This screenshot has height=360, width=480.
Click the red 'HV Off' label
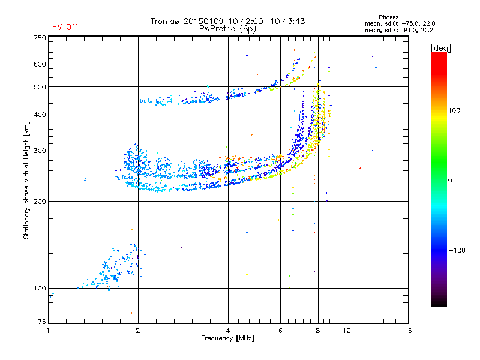tap(65, 27)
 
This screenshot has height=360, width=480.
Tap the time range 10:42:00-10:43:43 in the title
tap(266, 21)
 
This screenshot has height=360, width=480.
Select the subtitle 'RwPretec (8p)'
tap(227, 29)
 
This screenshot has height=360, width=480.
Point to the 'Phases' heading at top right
tap(388, 17)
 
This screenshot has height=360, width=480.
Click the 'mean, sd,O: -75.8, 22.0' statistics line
tap(400, 23)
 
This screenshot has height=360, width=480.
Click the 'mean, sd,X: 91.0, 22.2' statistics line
tap(399, 30)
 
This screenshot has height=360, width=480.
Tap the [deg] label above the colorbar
tap(440, 48)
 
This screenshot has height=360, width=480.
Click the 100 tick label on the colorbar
tap(454, 110)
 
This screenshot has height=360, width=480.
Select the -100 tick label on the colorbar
tap(457, 250)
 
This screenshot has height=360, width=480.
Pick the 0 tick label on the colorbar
tap(449, 181)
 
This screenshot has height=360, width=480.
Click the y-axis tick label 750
tap(40, 38)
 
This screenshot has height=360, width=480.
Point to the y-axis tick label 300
tap(40, 151)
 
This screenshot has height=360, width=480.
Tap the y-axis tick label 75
tap(41, 322)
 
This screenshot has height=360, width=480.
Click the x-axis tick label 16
tap(408, 331)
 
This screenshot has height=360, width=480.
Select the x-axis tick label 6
tap(280, 331)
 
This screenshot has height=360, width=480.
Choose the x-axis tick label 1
tap(48, 331)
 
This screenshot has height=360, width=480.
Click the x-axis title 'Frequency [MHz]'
tap(227, 338)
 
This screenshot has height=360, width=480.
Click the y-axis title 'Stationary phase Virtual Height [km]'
tap(26, 180)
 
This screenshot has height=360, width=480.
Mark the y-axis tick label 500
tap(40, 87)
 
